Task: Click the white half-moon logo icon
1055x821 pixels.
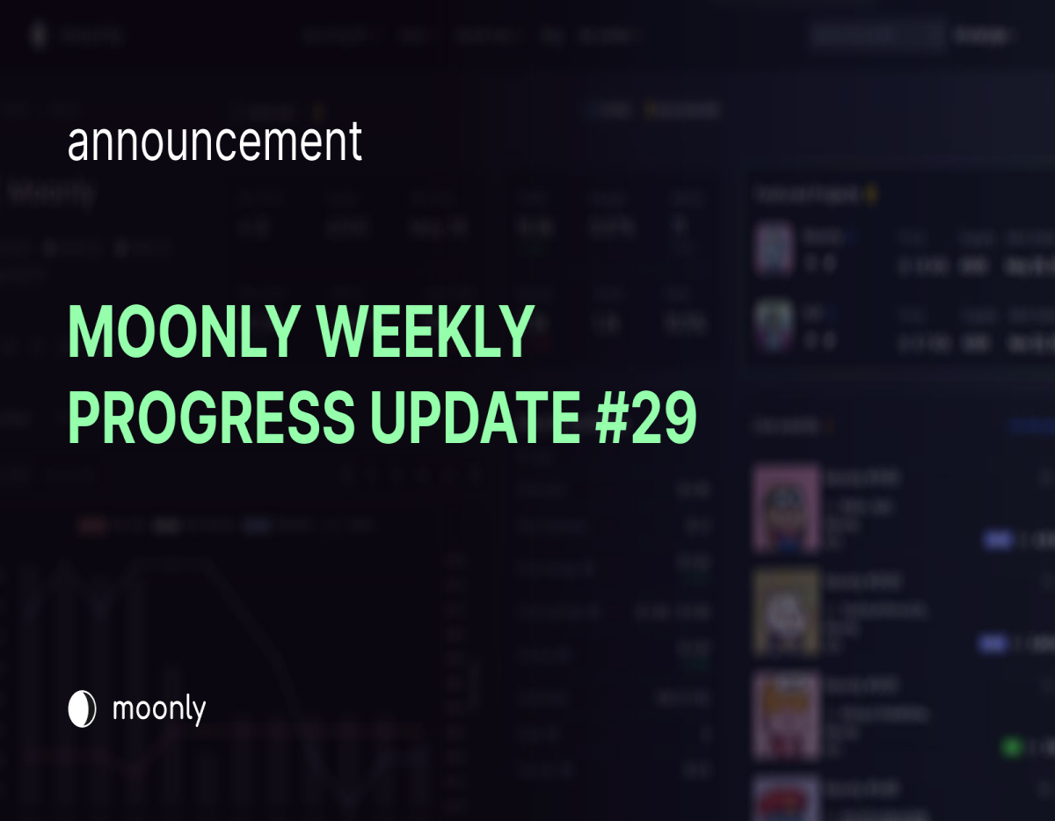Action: point(82,709)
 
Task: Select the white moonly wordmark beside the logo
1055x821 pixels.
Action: point(159,708)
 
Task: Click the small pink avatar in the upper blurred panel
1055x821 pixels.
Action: point(775,249)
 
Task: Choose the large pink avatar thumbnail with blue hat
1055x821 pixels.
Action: point(786,509)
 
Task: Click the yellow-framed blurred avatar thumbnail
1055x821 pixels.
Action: point(786,612)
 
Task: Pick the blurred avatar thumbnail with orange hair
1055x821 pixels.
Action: point(786,715)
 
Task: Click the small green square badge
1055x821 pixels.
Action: point(1012,747)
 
